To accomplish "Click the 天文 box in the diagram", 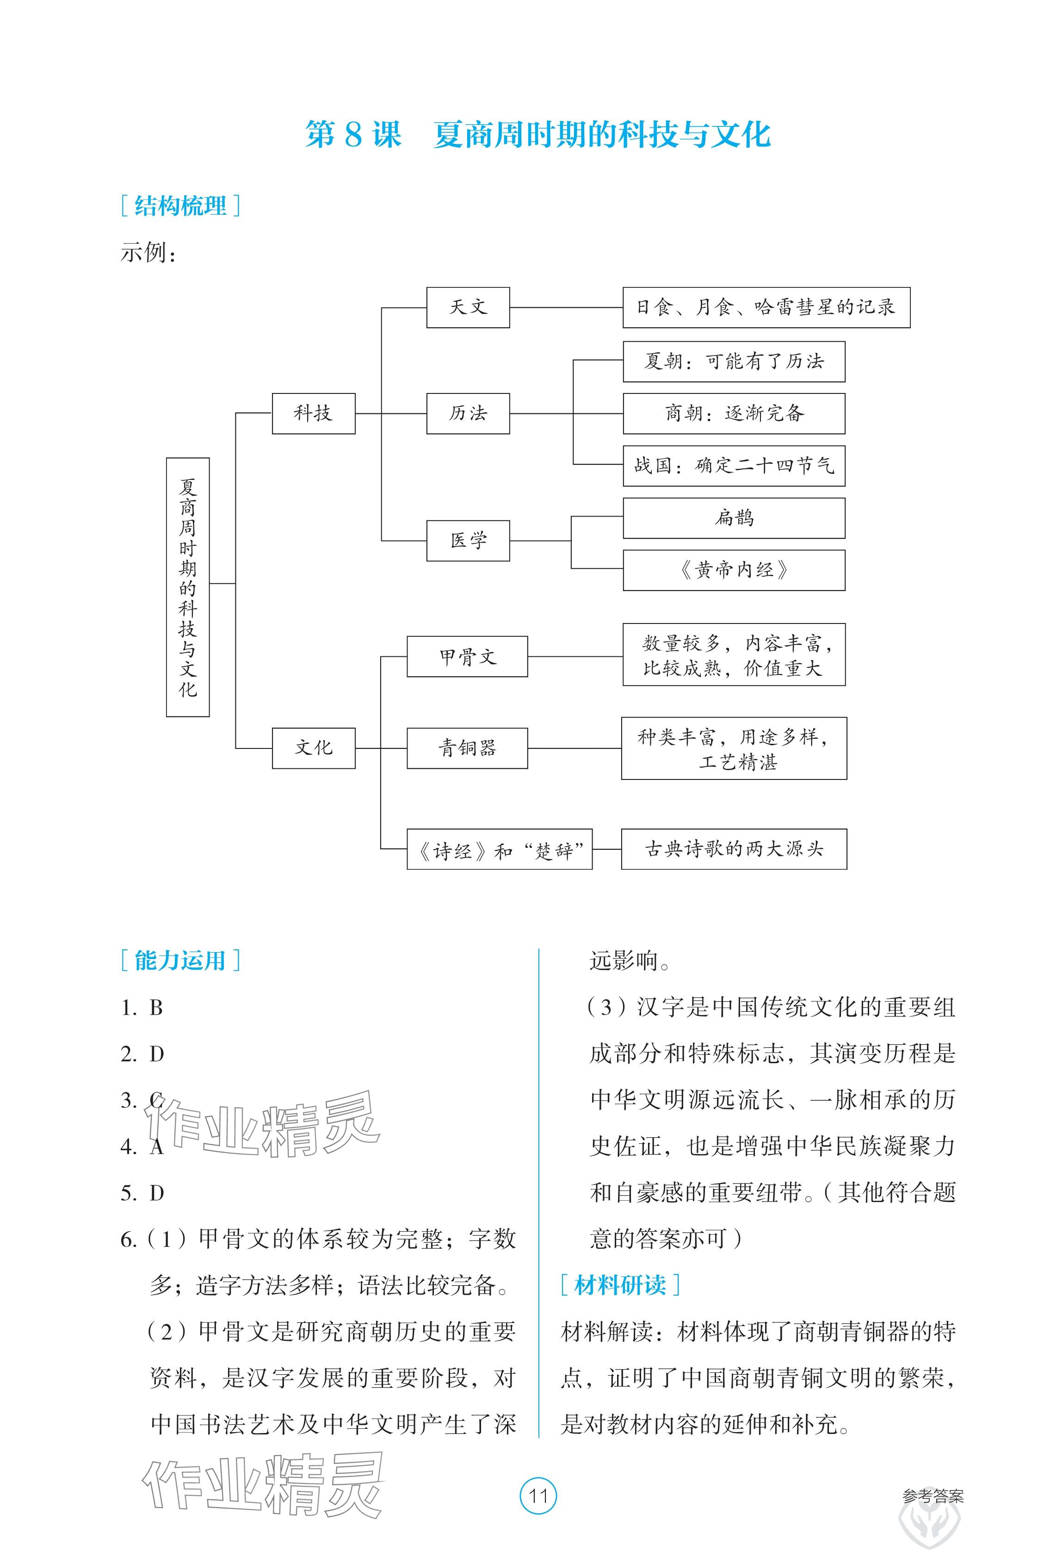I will [468, 307].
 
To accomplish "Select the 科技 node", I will [313, 413].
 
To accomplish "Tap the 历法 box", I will [468, 413].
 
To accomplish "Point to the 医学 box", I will [468, 541].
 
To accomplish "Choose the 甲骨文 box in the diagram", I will [467, 656].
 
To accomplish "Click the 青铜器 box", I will [467, 748].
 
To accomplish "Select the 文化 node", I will [313, 748].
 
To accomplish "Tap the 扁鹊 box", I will [734, 518].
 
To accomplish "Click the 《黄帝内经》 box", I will [734, 570].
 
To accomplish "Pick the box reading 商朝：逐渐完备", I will [734, 413].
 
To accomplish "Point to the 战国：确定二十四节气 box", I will [734, 466].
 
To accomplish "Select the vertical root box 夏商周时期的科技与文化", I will [188, 587].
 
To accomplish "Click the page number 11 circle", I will [538, 1496].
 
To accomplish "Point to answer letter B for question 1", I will [156, 1008].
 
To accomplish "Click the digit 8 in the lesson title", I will [353, 135].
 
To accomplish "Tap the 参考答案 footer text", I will [933, 1496].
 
